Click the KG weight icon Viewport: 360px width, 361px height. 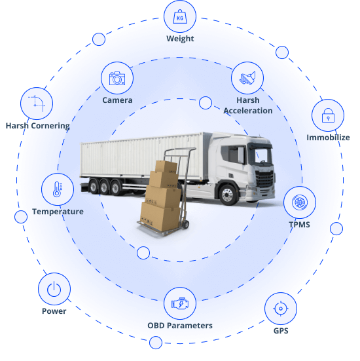(x=180, y=16)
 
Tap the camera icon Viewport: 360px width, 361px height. (x=117, y=78)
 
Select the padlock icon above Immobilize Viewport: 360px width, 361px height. (x=328, y=115)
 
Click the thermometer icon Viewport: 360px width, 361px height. (x=58, y=189)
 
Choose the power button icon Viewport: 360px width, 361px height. (x=54, y=289)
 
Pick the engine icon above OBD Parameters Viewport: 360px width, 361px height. (x=180, y=303)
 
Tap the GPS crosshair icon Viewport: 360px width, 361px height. (x=281, y=309)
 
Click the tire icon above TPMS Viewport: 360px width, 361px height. (x=300, y=202)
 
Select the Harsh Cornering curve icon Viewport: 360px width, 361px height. (x=37, y=104)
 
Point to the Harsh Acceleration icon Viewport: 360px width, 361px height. (x=247, y=78)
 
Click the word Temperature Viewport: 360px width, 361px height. (x=58, y=212)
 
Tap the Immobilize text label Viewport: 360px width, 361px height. (x=328, y=138)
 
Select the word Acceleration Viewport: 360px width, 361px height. (x=248, y=111)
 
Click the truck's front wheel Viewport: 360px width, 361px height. (x=228, y=195)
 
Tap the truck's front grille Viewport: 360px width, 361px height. (x=264, y=179)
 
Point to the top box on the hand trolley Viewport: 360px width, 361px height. (x=166, y=166)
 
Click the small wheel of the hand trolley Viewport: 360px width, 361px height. (x=186, y=224)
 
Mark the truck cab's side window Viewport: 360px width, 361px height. (x=232, y=155)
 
